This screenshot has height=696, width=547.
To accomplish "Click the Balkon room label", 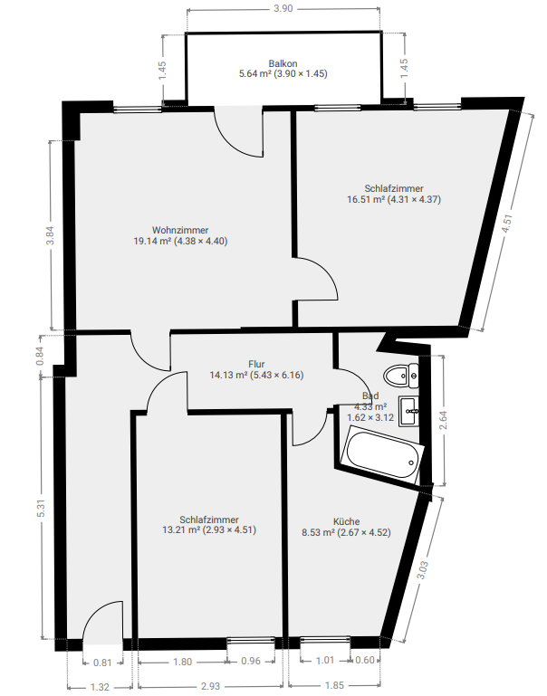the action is point(283,63).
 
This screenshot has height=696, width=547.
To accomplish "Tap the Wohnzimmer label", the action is point(180,230).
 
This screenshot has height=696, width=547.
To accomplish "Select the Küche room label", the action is point(346,521).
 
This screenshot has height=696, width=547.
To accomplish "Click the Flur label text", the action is point(256,365).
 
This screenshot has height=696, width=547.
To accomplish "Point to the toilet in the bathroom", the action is point(402,376).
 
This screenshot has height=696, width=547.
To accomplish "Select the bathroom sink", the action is point(409,411).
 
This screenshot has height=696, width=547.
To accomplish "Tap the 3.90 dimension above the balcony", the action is point(283,8).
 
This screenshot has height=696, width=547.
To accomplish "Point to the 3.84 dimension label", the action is point(50,235).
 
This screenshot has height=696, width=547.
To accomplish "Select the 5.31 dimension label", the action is point(41,508).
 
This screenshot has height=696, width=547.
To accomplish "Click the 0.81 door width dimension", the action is point(102,663).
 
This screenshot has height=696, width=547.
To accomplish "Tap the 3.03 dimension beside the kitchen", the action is point(422,570).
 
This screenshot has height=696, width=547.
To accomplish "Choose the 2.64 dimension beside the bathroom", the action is point(443,420).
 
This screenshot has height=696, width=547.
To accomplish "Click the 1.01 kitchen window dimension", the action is point(324,660).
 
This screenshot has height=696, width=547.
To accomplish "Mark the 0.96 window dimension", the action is point(251,661).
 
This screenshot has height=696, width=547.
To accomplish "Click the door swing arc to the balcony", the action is point(233,141).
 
